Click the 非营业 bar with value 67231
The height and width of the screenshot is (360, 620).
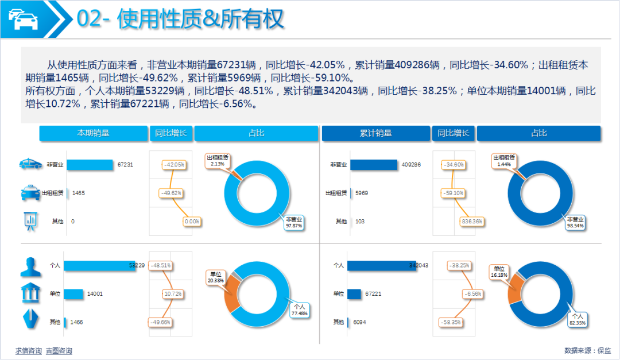pos(90,165)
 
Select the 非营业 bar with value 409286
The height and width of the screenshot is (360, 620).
pos(373,165)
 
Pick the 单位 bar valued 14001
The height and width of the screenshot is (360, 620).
pos(73,294)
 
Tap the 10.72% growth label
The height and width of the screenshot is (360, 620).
pos(173,294)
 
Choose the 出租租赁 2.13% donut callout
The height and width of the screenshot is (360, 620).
pos(218,160)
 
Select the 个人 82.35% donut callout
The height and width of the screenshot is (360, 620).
pos(577,319)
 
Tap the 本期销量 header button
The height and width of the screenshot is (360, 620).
pos(93,133)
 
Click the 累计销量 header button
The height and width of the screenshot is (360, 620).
pos(375,133)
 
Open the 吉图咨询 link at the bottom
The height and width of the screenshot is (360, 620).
pos(59,351)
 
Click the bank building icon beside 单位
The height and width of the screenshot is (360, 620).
pos(30,293)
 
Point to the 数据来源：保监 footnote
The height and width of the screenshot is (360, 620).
pos(588,350)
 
